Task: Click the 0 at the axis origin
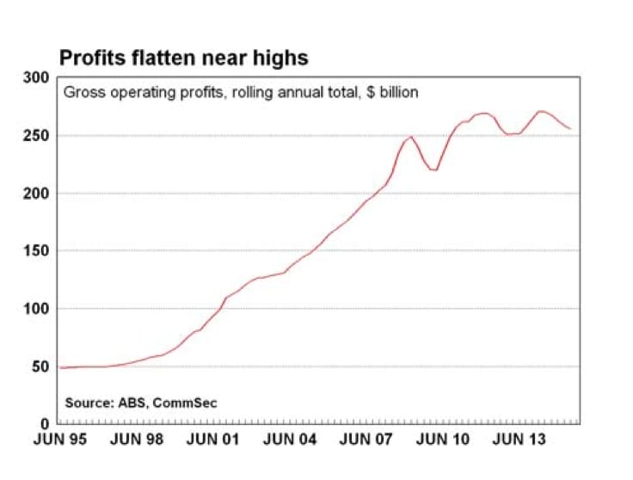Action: click(x=45, y=424)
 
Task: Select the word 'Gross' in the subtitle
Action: click(x=82, y=92)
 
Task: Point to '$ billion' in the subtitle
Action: click(x=390, y=92)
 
